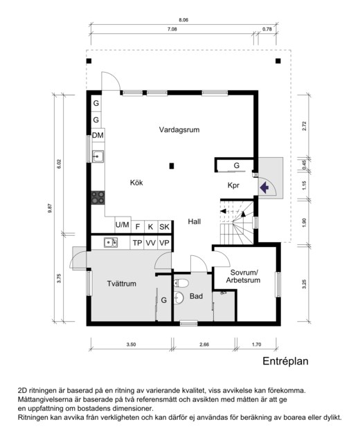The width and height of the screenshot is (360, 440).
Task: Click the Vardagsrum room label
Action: point(179,130)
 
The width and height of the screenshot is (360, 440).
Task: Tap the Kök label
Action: point(136,183)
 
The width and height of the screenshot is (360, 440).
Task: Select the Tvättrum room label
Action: point(122,284)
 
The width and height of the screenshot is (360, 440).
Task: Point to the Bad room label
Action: point(196,296)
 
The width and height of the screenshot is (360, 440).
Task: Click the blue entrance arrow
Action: point(264,187)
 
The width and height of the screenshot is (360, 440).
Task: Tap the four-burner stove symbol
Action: point(98,198)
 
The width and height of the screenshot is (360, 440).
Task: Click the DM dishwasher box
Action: point(98,136)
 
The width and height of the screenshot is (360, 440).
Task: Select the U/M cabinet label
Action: point(123,225)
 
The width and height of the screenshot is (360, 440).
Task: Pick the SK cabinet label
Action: point(164,227)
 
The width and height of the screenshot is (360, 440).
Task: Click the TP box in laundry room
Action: point(137,243)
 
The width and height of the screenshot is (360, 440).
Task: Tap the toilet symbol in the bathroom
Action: point(181,283)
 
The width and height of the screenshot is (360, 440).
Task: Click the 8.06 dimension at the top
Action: point(183,20)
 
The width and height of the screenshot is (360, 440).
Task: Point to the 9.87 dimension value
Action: point(50,208)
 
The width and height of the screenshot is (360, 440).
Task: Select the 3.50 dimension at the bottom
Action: point(131,345)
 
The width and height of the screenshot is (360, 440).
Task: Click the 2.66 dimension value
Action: point(204,345)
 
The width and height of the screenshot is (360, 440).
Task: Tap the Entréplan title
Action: point(285,361)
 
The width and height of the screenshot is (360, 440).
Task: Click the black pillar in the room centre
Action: point(172,166)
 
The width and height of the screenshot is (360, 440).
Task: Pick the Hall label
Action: point(195,221)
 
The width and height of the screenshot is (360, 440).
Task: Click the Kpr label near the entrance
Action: point(233,185)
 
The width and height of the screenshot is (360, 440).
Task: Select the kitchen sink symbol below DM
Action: point(98,156)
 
